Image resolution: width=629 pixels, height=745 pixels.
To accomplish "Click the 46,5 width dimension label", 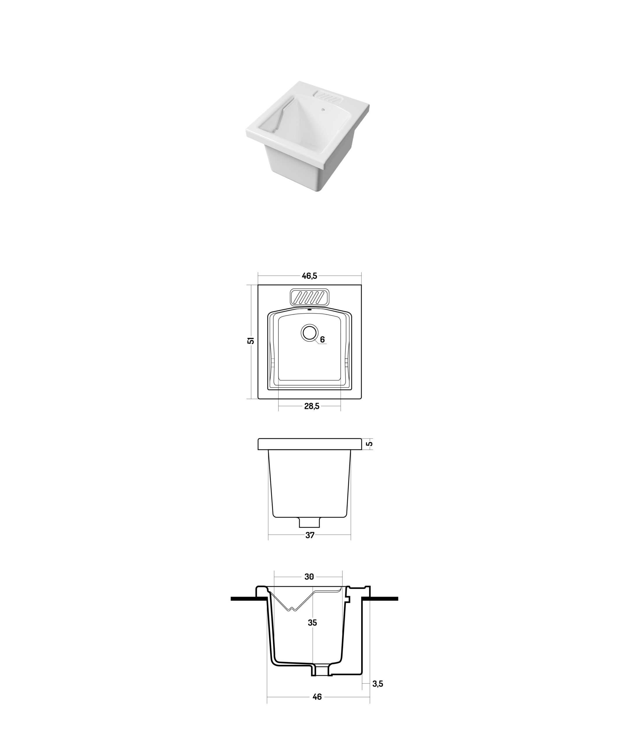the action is [x=309, y=276].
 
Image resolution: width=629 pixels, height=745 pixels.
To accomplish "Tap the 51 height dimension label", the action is [x=251, y=340].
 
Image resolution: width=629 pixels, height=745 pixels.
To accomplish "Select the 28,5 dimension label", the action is [x=312, y=406].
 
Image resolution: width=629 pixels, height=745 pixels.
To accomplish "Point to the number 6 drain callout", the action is [x=322, y=340].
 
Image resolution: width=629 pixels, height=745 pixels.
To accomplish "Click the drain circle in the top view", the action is [x=309, y=332].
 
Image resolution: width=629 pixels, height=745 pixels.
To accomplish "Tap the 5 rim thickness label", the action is [x=370, y=444].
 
